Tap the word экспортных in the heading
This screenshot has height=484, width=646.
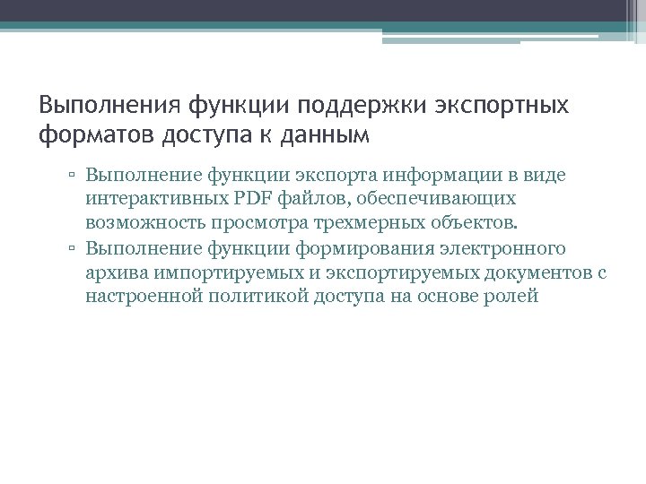(x=503, y=107)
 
